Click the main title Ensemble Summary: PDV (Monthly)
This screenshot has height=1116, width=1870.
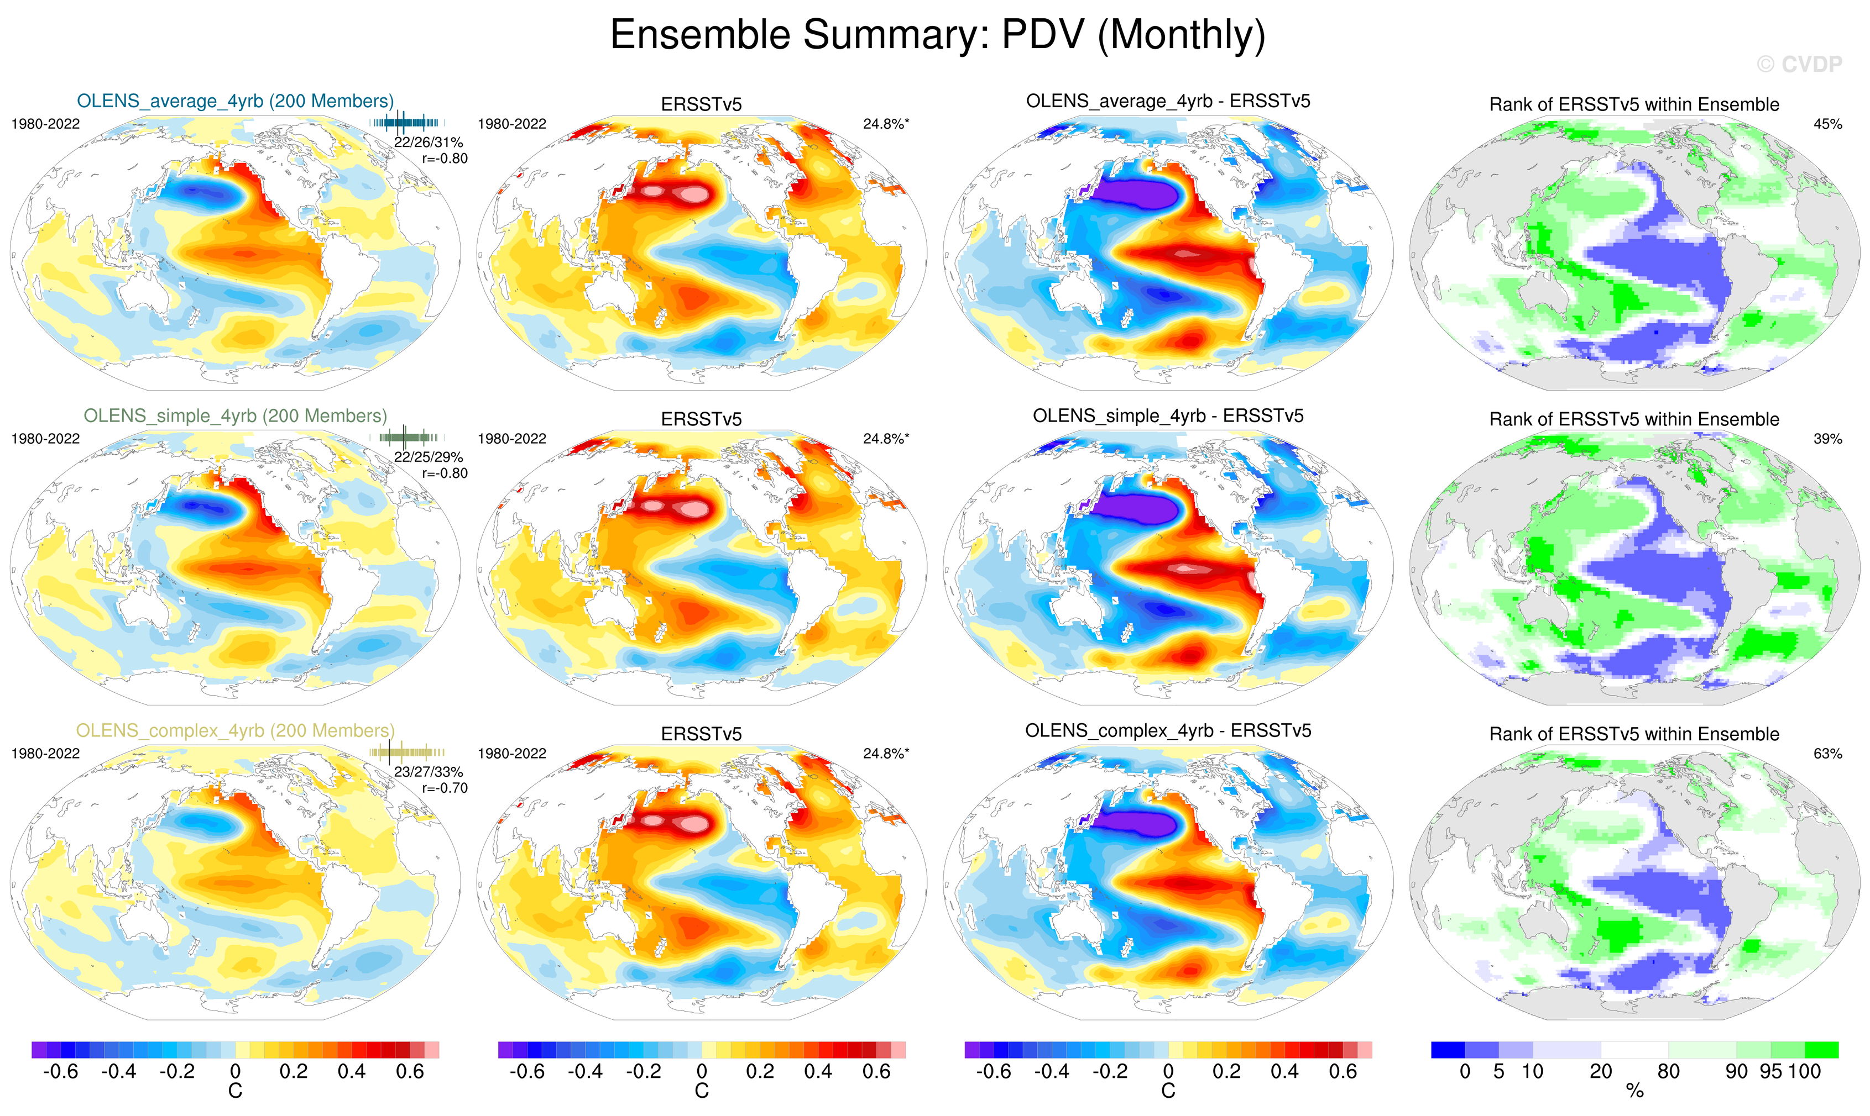point(937,35)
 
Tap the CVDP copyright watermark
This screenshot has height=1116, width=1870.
point(1799,65)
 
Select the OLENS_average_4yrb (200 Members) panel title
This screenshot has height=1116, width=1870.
point(235,101)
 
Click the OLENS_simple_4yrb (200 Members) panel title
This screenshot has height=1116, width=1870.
point(235,416)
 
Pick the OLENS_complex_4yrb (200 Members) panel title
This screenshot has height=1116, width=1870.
point(235,730)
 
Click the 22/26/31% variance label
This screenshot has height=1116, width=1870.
point(428,142)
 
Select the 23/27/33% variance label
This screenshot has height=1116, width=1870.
point(428,772)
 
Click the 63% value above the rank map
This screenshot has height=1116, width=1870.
point(1827,754)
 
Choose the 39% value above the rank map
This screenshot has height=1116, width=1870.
point(1827,439)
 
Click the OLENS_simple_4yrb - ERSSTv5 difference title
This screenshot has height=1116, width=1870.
point(1168,416)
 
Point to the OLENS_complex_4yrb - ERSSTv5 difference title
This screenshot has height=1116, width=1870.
point(1168,730)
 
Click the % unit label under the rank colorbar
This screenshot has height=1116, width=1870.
point(1634,1091)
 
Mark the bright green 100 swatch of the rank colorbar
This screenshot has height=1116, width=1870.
point(1821,1050)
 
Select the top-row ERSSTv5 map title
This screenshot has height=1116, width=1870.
point(701,104)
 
